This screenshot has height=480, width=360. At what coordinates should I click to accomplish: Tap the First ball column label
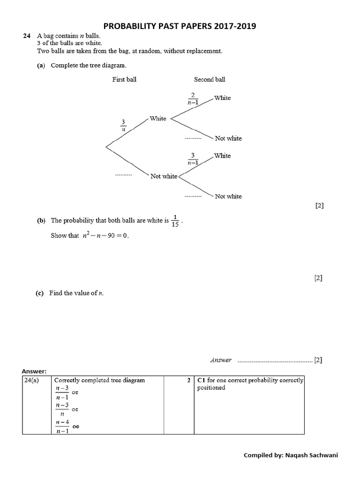124,80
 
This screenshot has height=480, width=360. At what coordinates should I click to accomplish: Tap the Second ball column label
210,80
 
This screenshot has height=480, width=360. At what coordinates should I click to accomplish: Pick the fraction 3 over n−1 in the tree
193,158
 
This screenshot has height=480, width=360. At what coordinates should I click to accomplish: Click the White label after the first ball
158,119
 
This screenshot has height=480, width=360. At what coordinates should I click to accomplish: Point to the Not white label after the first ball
164,176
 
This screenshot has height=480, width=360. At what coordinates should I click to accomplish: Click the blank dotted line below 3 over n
124,175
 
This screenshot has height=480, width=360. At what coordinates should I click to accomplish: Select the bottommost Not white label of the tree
228,196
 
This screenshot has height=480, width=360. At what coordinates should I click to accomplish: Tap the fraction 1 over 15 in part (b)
175,220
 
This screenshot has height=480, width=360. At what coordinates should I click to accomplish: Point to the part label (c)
40,293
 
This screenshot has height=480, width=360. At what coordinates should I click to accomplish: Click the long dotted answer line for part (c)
275,361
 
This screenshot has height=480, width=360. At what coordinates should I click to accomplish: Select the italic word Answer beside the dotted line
221,360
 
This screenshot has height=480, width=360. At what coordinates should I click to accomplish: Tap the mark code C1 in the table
202,381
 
